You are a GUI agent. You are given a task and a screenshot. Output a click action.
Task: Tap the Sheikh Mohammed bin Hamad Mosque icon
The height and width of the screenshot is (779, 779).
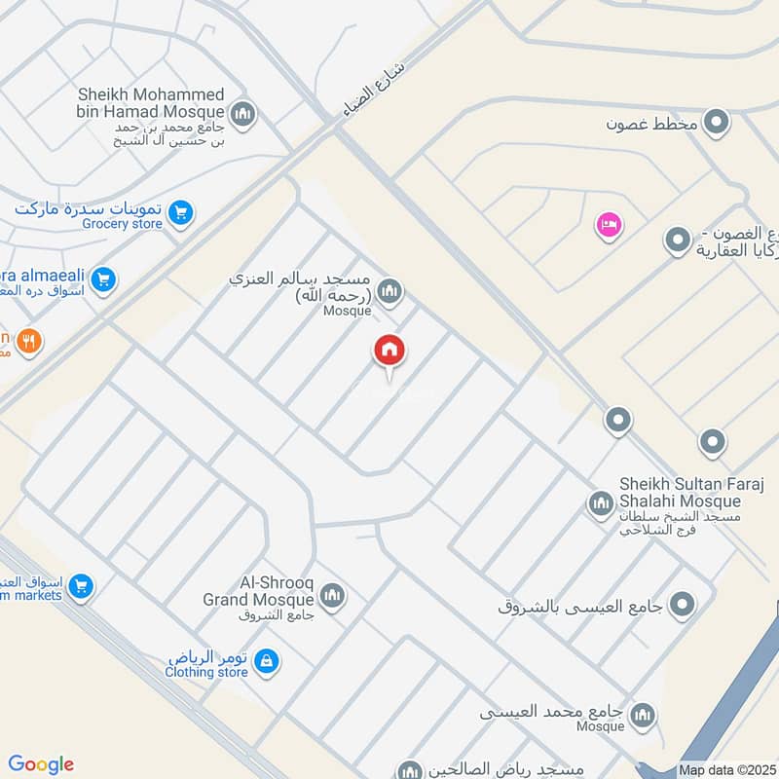point(243,115)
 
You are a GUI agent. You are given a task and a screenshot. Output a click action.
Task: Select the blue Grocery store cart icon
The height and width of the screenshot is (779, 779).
point(179,211)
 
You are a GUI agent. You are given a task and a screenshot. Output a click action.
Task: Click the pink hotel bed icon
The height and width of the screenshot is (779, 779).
point(609,225)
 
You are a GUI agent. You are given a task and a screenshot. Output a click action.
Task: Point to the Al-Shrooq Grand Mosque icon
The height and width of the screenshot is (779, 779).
point(332,595)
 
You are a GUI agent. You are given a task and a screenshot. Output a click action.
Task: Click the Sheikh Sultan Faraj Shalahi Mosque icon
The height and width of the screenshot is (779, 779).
point(600,503)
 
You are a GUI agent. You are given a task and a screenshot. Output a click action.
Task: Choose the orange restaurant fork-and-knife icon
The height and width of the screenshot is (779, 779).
point(30,342)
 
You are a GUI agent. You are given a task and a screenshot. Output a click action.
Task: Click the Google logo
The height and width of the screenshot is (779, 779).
point(40,764)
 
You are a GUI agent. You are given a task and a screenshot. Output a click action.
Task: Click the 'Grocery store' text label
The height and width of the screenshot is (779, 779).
point(123,224)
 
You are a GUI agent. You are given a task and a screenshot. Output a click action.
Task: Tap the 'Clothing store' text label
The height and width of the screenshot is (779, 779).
point(206,672)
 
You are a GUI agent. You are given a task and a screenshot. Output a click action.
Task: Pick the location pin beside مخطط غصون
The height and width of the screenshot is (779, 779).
point(718,123)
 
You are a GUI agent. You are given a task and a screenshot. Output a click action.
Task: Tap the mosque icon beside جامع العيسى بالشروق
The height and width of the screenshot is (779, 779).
point(685,605)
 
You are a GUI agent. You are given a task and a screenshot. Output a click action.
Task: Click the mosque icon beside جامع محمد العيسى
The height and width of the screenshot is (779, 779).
point(642,719)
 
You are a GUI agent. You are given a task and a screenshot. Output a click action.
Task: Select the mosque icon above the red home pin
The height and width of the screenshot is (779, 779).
point(389,291)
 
